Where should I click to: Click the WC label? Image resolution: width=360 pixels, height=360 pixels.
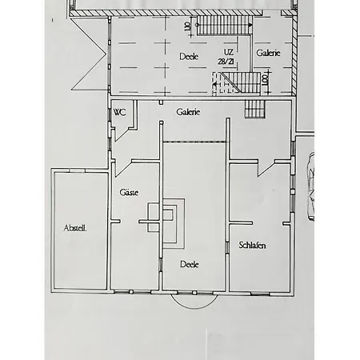tap(120, 112)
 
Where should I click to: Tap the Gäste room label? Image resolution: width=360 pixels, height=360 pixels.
tap(129, 193)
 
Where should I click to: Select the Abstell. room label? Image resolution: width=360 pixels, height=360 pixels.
tap(75, 228)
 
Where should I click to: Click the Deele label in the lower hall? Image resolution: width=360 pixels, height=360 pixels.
tap(189, 263)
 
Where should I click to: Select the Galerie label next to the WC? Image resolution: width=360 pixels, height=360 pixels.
tap(188, 112)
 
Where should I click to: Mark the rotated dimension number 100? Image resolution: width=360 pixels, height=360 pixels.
tap(265, 79)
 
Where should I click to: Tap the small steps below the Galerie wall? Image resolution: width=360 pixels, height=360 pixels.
tap(254, 109)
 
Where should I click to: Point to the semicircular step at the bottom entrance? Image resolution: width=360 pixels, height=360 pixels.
tap(194, 303)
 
